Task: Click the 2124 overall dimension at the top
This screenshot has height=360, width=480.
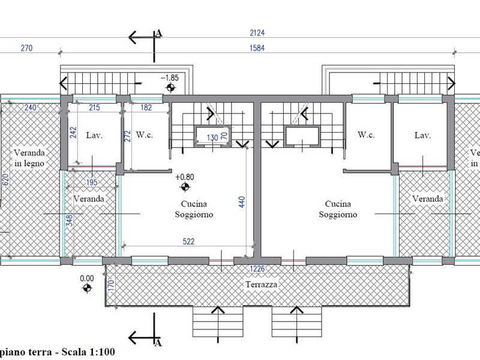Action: tap(257, 33)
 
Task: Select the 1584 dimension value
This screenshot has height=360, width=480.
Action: tap(257, 48)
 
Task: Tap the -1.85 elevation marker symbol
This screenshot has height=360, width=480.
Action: tap(170, 88)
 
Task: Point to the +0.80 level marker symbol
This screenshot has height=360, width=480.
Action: tap(185, 187)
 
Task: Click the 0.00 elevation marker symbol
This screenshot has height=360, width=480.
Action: tap(87, 288)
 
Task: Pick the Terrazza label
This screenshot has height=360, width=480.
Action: tap(262, 284)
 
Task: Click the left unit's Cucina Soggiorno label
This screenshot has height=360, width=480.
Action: tap(194, 209)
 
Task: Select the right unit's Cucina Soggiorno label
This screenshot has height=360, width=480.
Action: tap(338, 209)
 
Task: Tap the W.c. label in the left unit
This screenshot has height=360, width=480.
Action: tap(144, 134)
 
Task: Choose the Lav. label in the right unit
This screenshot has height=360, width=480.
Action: tap(422, 135)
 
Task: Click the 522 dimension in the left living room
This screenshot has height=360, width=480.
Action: tap(188, 242)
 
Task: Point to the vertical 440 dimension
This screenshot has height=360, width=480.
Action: tap(242, 202)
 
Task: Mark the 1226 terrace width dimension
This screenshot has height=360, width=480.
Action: tap(257, 269)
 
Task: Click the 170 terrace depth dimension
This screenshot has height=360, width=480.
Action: tap(111, 286)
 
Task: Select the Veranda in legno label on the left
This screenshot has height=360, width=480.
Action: tap(29, 158)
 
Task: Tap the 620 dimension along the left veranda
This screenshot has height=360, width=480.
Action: tap(5, 179)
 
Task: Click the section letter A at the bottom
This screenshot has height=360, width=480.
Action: tap(158, 343)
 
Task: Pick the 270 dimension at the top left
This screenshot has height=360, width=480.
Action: tap(26, 48)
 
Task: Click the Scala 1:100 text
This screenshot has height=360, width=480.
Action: tap(88, 352)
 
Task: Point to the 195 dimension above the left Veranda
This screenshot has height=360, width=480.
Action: tap(92, 182)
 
